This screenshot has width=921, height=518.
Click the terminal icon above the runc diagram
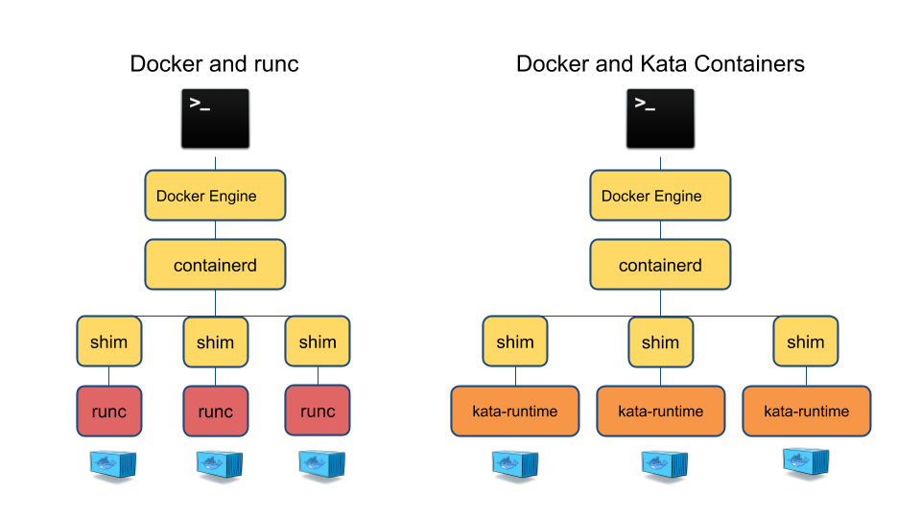click(215, 119)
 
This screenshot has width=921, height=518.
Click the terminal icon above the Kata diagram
click(660, 119)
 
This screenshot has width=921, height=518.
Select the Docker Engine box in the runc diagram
click(215, 196)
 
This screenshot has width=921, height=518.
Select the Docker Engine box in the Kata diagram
click(660, 196)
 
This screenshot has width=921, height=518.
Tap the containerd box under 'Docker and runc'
click(215, 265)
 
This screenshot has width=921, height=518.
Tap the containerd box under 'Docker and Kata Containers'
click(660, 265)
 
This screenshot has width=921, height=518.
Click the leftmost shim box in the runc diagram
click(108, 341)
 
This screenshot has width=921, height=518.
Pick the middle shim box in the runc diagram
click(215, 341)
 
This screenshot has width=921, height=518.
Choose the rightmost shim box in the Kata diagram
click(806, 341)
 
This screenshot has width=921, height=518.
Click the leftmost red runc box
click(108, 412)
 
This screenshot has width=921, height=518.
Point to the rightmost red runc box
click(318, 412)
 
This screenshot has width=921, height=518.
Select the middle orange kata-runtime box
click(660, 412)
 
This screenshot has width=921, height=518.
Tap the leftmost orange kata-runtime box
click(515, 412)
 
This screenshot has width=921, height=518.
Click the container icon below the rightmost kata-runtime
click(804, 464)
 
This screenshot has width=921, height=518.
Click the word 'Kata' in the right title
click(662, 64)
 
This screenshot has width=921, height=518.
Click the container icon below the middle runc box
click(216, 465)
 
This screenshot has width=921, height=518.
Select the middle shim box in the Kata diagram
click(660, 341)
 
